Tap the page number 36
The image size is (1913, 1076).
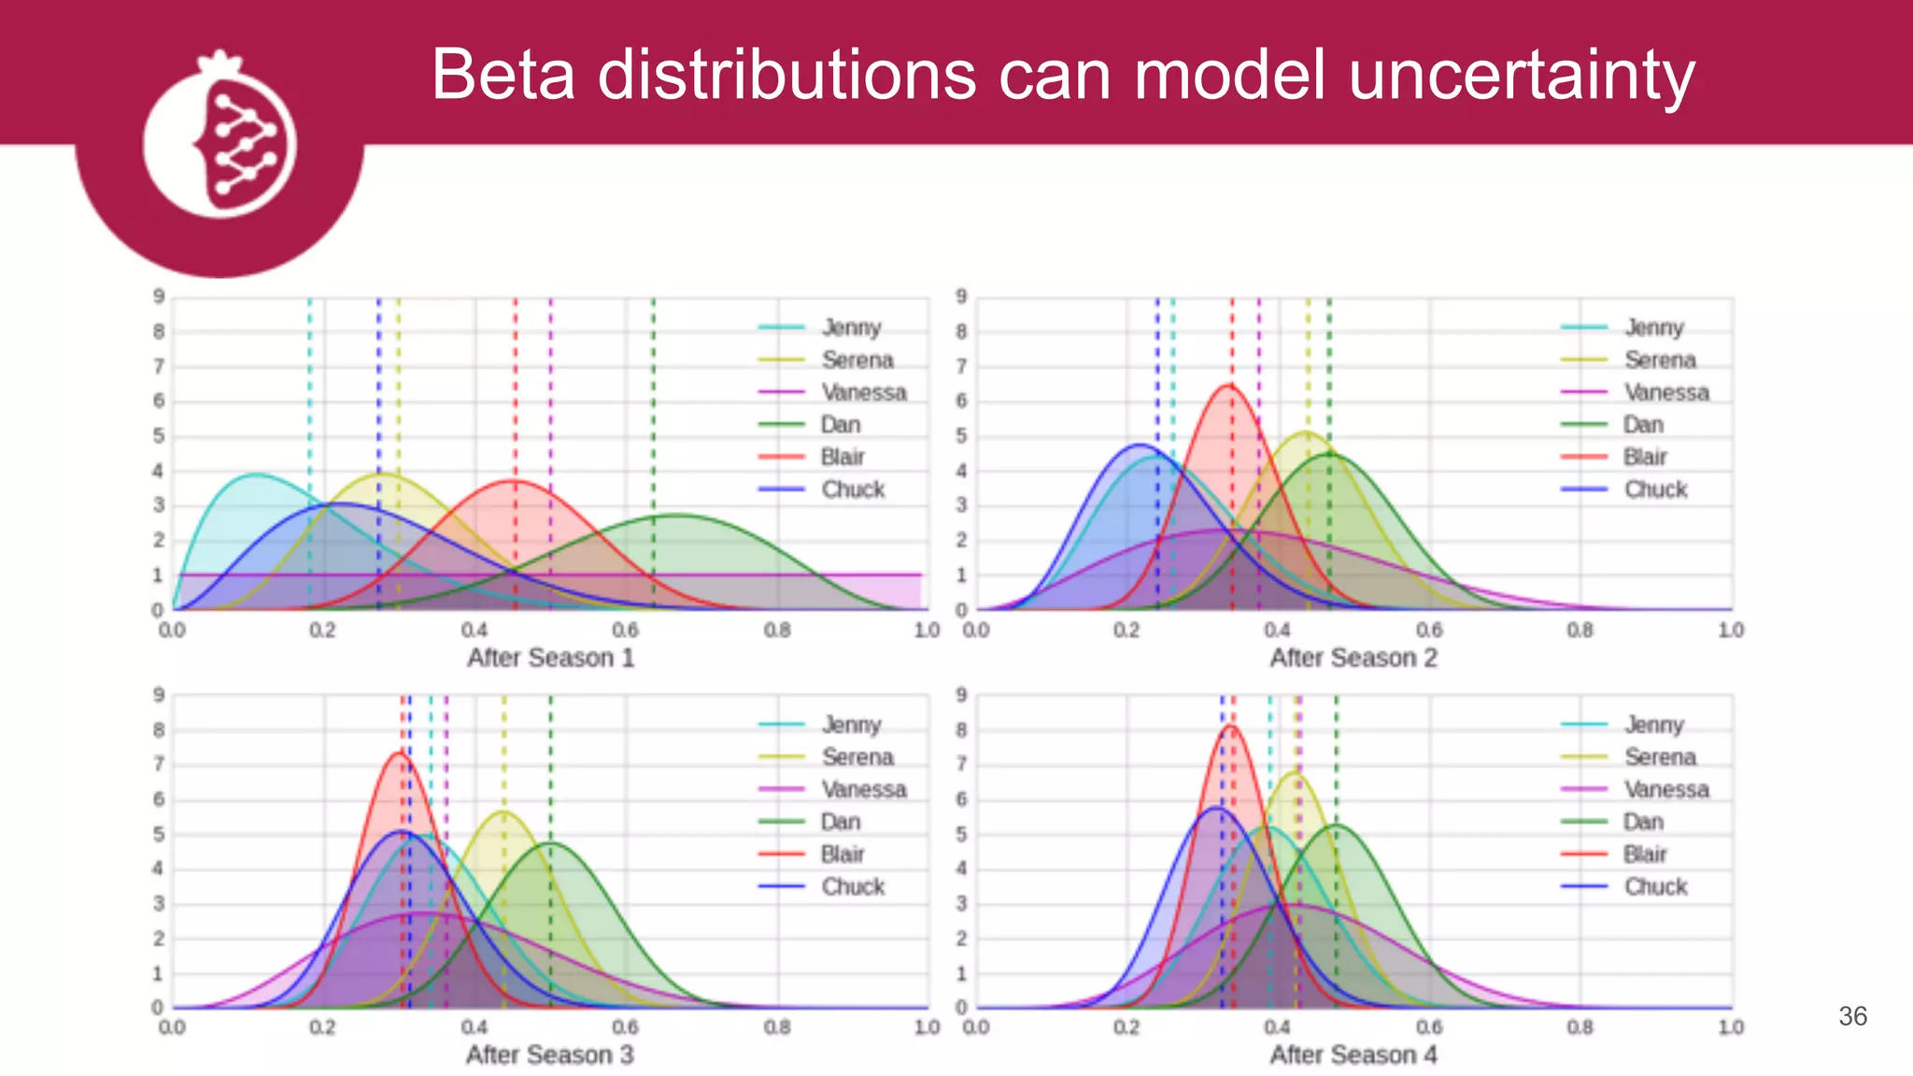pyautogui.click(x=1852, y=1016)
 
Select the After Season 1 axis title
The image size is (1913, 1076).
pyautogui.click(x=550, y=658)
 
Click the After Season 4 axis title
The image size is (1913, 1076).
pyautogui.click(x=1353, y=1055)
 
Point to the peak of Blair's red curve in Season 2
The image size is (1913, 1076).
pyautogui.click(x=1229, y=386)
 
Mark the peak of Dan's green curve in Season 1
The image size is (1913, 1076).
pyautogui.click(x=677, y=515)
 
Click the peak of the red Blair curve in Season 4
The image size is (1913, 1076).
pyautogui.click(x=1230, y=726)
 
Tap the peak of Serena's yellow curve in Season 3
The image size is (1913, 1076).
pyautogui.click(x=503, y=812)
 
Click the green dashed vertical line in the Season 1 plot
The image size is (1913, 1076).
pyautogui.click(x=653, y=420)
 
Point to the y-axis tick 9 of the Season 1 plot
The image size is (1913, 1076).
pyautogui.click(x=159, y=297)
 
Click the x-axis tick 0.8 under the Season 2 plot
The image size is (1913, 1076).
pyautogui.click(x=1580, y=630)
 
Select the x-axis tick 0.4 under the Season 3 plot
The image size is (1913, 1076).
pyautogui.click(x=474, y=1027)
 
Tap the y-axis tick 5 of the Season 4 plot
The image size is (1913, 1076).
pyautogui.click(x=961, y=834)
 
